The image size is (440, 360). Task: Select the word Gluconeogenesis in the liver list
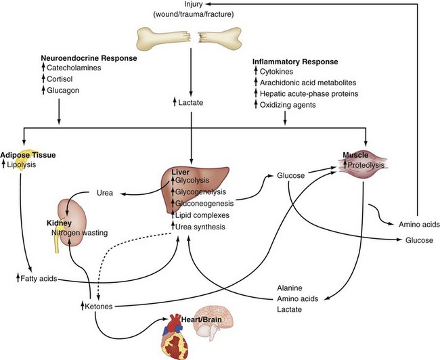click(206, 203)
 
